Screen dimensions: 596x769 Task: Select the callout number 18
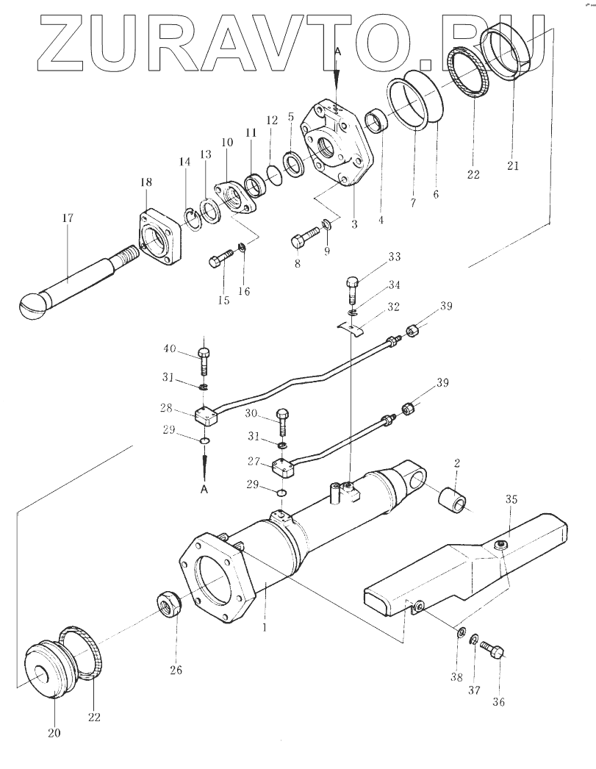click(x=146, y=182)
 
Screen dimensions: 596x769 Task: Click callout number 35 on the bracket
click(x=511, y=500)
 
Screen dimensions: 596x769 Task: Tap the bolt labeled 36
click(x=492, y=651)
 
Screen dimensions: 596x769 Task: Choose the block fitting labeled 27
click(x=283, y=468)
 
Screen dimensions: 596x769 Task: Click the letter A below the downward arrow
click(x=204, y=490)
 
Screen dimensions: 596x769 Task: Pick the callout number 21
click(x=513, y=165)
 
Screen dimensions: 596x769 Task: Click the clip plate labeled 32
click(x=353, y=328)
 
